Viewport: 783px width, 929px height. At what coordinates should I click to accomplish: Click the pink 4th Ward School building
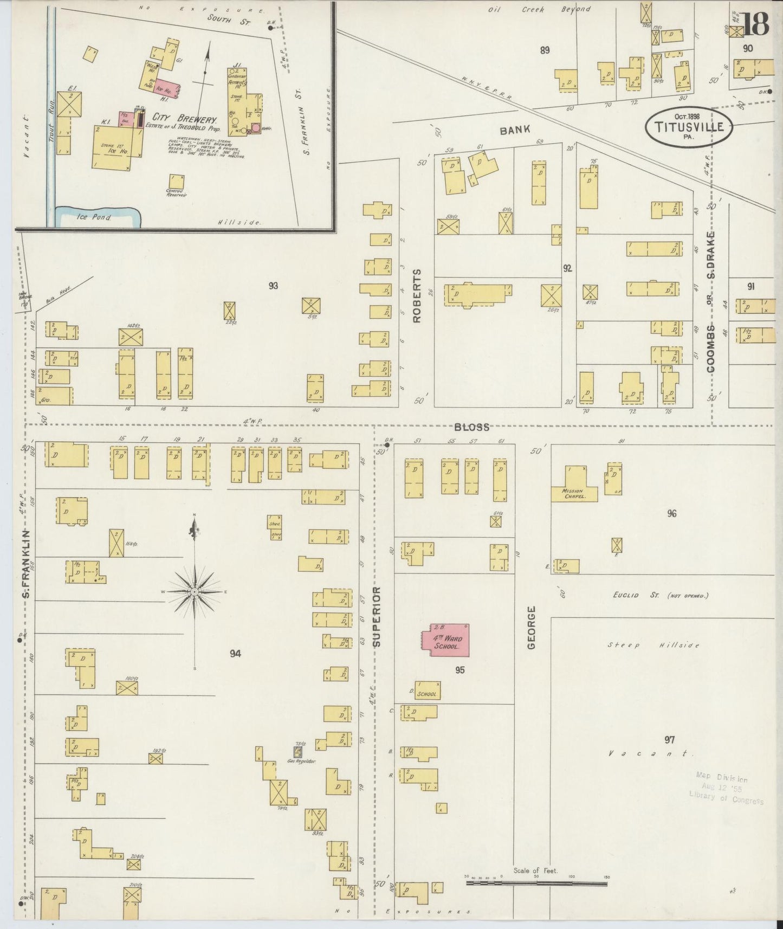click(x=445, y=641)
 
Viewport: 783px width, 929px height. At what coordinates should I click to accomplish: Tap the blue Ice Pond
click(x=98, y=217)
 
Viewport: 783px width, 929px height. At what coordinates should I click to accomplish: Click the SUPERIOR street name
click(x=377, y=616)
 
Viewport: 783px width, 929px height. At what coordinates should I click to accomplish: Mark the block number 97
click(x=669, y=739)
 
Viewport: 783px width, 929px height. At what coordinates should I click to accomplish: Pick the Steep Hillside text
click(x=653, y=645)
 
